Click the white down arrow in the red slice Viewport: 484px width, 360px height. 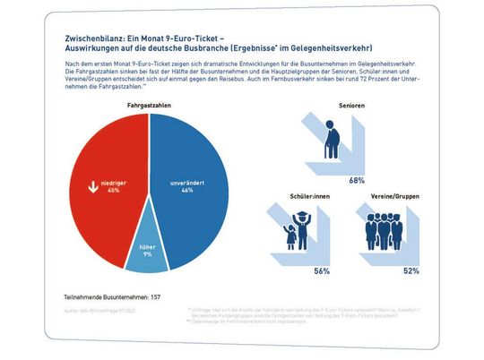pos(91,187)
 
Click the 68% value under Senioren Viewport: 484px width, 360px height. pos(356,180)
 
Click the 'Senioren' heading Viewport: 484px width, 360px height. pos(358,107)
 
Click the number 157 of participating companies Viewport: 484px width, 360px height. pos(157,295)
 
